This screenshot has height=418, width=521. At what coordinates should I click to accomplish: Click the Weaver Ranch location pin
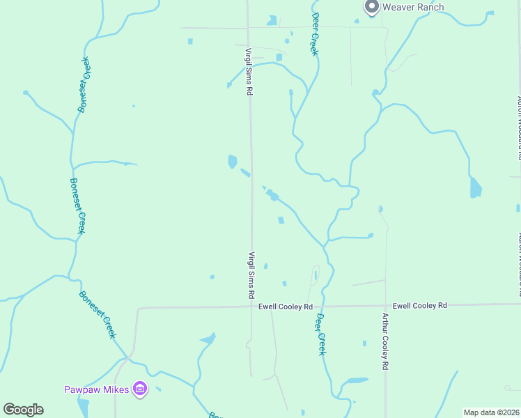pos(371,7)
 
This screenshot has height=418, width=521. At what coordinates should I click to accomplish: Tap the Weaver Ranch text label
pos(413,7)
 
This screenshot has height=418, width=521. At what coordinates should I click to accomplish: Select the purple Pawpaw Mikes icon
pos(140,389)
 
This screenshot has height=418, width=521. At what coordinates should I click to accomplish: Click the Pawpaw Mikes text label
pos(96,389)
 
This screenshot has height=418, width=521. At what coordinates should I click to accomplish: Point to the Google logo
pos(23,410)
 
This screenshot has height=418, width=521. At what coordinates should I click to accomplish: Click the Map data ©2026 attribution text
pos(490,412)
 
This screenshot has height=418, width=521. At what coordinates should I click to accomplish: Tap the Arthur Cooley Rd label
pos(384,341)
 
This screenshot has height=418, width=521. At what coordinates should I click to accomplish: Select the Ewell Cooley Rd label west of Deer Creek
pos(284,307)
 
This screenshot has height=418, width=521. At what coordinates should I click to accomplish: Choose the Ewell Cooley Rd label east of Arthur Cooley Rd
pos(419,305)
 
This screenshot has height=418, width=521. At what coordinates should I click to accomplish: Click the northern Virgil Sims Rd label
pos(248,72)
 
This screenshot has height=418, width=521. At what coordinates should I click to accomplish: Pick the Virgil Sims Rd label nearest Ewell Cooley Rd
pos(251,275)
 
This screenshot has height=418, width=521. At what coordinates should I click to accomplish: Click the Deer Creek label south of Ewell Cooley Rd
pos(321,334)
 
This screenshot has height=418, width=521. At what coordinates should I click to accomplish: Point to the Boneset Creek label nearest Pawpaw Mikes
pos(97,314)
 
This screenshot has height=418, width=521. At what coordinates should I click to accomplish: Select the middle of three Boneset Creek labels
pos(76,206)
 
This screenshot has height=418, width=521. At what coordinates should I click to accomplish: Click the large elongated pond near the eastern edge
pos(476,187)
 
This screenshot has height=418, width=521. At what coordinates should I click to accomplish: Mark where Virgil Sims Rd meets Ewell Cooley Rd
pos(252,307)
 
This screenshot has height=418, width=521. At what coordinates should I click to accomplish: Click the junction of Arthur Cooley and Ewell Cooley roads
pos(385,304)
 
